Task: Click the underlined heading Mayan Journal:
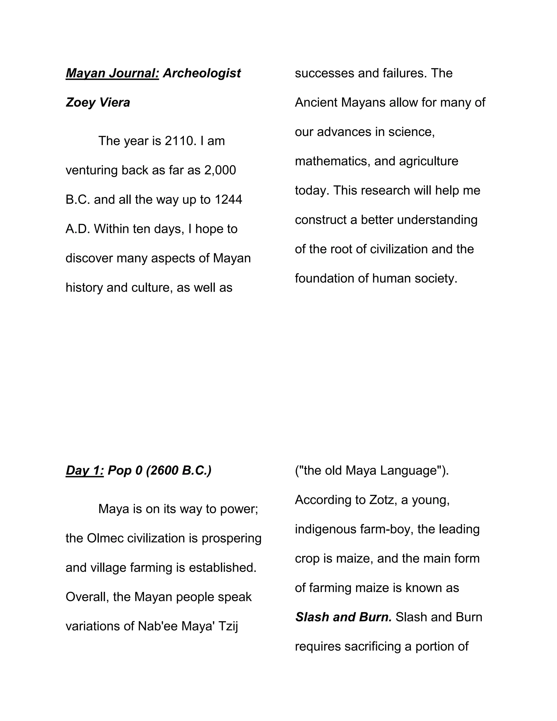(112, 73)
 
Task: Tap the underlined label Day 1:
(85, 470)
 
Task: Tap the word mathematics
(333, 161)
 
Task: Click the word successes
(324, 73)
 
